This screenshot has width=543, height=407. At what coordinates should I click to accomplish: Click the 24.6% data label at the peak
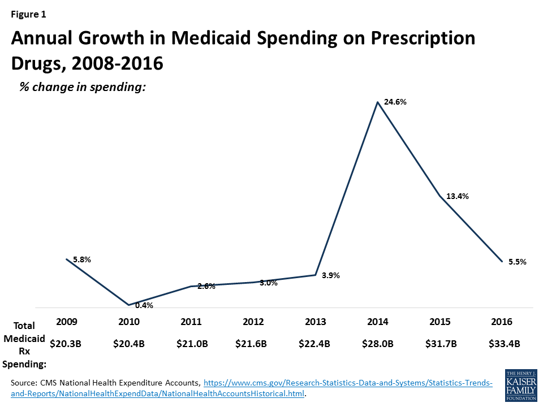[395, 102]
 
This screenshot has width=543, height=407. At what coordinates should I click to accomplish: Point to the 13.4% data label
[458, 196]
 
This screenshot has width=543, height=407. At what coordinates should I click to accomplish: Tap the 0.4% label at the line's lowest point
[144, 305]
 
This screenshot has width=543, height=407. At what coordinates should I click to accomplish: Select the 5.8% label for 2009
[82, 259]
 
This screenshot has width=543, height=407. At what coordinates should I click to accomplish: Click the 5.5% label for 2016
[517, 262]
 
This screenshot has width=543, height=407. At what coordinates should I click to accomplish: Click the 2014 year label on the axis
[378, 322]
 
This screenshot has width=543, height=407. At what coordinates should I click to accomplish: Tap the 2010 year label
[129, 322]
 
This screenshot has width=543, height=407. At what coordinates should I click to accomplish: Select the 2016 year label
[502, 322]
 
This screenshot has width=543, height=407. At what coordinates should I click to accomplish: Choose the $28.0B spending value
[378, 343]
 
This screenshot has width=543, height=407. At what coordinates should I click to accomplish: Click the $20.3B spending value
[67, 343]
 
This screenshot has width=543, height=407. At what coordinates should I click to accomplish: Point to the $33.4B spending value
[502, 343]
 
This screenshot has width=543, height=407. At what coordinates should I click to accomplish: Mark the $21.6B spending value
[253, 343]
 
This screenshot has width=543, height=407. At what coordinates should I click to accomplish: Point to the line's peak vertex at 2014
[377, 102]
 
